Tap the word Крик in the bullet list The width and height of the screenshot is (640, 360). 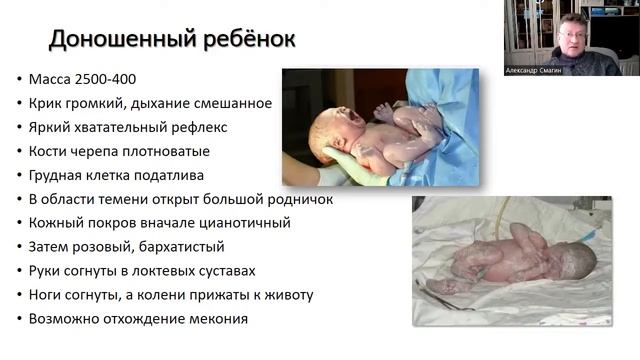coord(50,103)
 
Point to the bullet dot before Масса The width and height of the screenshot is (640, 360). coord(22,80)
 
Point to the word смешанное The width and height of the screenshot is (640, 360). coord(232,103)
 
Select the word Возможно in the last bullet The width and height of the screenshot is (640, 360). coord(68,319)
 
